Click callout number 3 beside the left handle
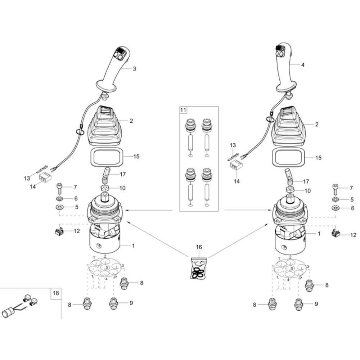pyautogui.click(x=134, y=69)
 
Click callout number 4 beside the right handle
pyautogui.click(x=303, y=65)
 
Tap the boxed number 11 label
pyautogui.click(x=183, y=110)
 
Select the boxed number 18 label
pyautogui.click(x=56, y=293)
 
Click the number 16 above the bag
pyautogui.click(x=199, y=247)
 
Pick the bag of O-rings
pyautogui.click(x=199, y=268)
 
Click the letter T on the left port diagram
pyautogui.click(x=94, y=258)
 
